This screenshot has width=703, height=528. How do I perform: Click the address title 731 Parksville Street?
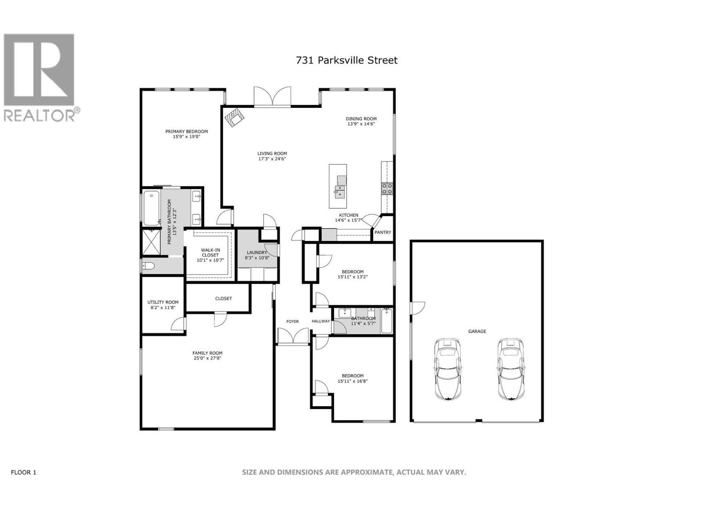[x=347, y=60]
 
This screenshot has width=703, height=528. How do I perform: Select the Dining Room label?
[x=361, y=119]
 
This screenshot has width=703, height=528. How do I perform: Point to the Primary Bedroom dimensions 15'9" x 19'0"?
[x=186, y=137]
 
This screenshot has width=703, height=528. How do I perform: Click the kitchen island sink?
[x=339, y=192]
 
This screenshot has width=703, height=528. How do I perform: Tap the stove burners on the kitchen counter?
[x=387, y=188]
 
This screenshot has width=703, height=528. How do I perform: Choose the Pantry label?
[x=383, y=232]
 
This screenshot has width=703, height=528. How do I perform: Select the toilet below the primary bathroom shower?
[x=149, y=266]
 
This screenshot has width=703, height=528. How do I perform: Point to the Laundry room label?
[x=257, y=253]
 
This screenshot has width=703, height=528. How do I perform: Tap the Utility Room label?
[x=163, y=302]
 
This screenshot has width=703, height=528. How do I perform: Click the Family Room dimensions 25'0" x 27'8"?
[x=207, y=358]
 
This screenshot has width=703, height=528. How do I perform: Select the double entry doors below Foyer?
[x=293, y=337]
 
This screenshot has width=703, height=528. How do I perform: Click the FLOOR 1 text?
[x=23, y=472]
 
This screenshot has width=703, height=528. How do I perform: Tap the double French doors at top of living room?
[x=272, y=96]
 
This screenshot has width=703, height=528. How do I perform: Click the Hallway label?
[x=321, y=321]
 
